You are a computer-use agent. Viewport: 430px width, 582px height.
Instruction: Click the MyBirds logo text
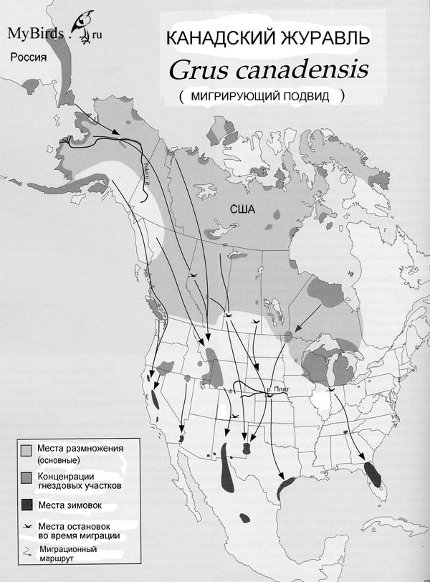39,34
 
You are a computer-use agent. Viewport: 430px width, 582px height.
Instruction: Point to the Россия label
29,58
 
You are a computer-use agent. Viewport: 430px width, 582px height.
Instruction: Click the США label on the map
242,209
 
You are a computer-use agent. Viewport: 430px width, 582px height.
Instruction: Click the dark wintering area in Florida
372,473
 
